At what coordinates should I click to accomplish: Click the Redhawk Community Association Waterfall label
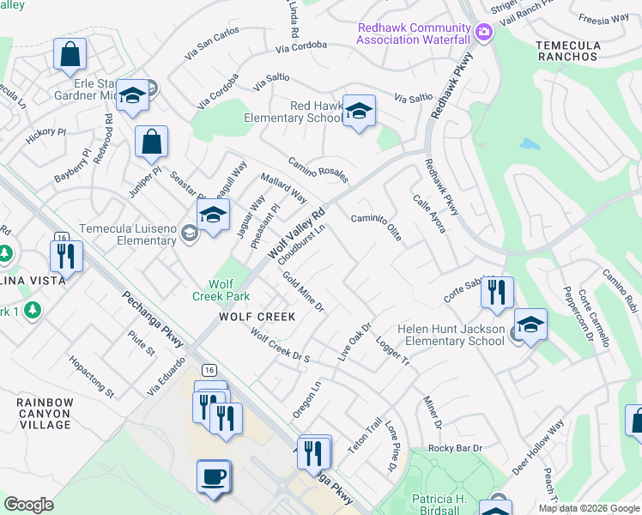(x=414, y=33)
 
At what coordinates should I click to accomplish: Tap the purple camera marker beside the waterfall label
(x=484, y=33)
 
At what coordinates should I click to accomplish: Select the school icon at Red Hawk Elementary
(x=359, y=112)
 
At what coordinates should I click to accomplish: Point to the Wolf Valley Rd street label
(x=297, y=233)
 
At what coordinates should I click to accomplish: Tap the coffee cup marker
(x=213, y=476)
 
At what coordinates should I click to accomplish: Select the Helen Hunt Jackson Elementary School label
(x=451, y=335)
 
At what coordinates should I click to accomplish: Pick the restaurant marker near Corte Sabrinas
(x=497, y=293)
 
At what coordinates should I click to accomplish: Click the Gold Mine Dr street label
(x=303, y=292)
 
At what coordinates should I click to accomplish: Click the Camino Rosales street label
(x=318, y=169)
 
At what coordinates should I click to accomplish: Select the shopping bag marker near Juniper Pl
(x=151, y=143)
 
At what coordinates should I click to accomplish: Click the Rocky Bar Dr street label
(x=456, y=449)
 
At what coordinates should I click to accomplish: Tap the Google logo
(x=28, y=505)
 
